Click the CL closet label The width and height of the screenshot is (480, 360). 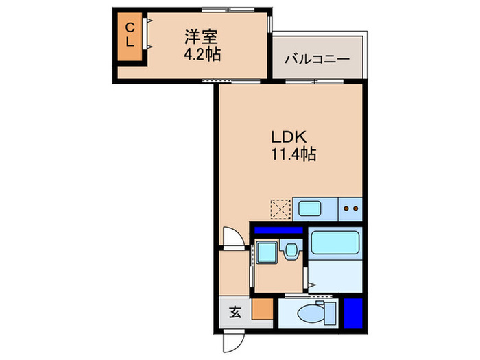(x=129, y=34)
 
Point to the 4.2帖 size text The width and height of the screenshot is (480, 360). (x=202, y=55)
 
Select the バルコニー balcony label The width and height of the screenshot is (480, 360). (x=317, y=59)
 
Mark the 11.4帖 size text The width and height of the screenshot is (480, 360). (x=291, y=155)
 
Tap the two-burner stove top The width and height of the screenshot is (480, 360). (x=351, y=208)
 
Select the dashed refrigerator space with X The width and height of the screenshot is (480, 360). (x=280, y=208)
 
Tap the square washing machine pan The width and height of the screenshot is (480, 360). (x=266, y=252)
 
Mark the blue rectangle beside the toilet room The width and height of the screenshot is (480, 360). (x=352, y=312)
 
